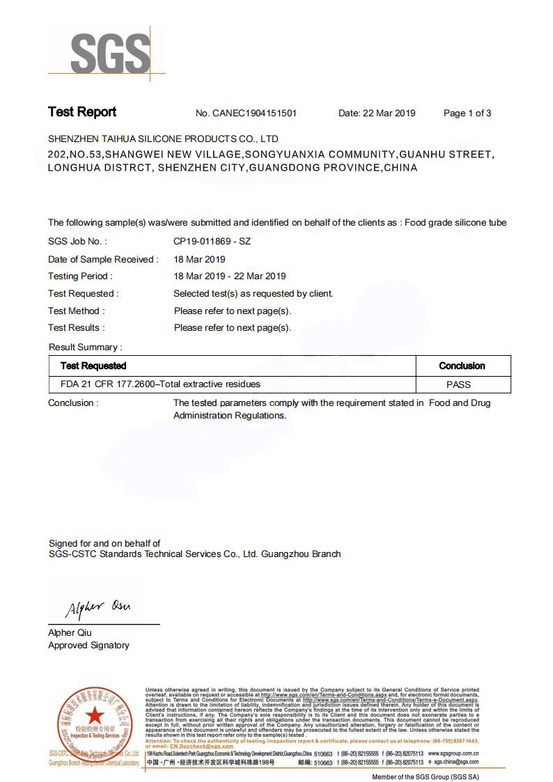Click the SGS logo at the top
point(110,53)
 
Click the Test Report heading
point(82,112)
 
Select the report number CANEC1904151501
point(257,114)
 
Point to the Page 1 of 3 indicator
point(467,114)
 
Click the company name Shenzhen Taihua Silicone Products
point(163,139)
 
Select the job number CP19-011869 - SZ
point(212,242)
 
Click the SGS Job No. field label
point(77,242)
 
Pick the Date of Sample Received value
point(199,259)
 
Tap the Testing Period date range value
point(230,276)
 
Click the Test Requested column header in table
point(93,366)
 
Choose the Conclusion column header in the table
point(462,366)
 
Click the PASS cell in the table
point(458,384)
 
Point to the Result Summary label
point(85,347)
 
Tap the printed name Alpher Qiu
point(70,633)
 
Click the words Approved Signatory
point(88,646)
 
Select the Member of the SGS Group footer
point(425,776)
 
